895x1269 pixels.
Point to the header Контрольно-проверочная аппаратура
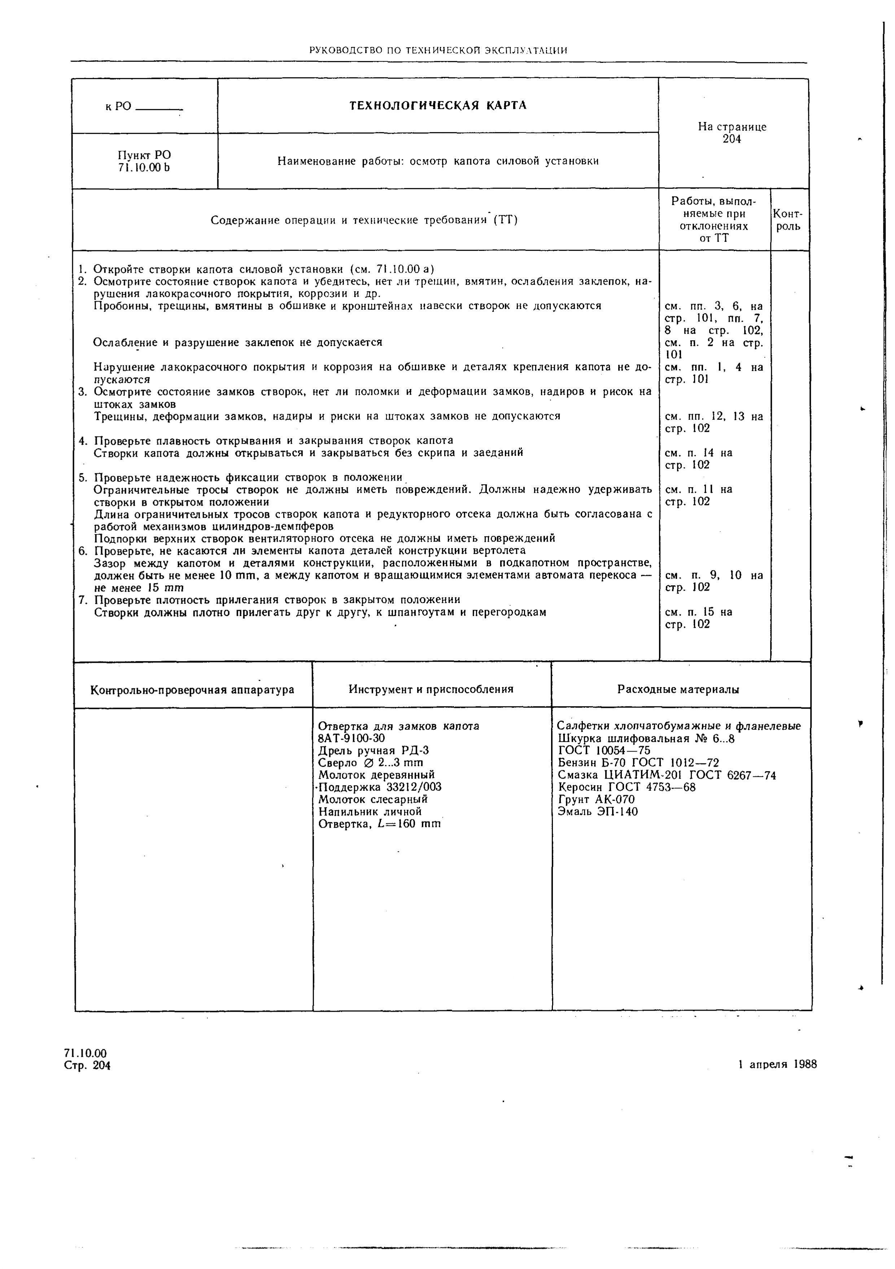(192, 690)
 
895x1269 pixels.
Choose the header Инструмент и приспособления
(431, 689)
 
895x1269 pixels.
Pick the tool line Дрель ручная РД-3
(374, 751)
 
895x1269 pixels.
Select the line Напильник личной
(370, 811)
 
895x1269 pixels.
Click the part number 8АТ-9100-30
(352, 738)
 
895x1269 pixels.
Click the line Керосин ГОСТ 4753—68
(626, 787)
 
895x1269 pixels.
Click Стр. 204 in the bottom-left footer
(87, 1065)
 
